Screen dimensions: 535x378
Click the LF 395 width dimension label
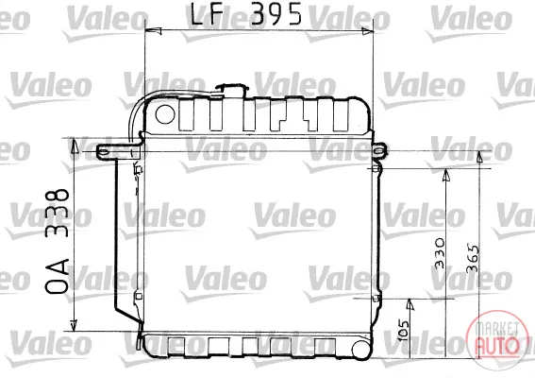245,14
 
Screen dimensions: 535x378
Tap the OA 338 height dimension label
58,241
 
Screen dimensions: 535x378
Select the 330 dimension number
440,253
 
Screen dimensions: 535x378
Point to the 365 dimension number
473,258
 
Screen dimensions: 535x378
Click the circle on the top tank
165,114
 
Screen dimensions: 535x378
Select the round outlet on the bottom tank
362,350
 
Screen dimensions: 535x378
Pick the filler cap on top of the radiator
232,90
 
